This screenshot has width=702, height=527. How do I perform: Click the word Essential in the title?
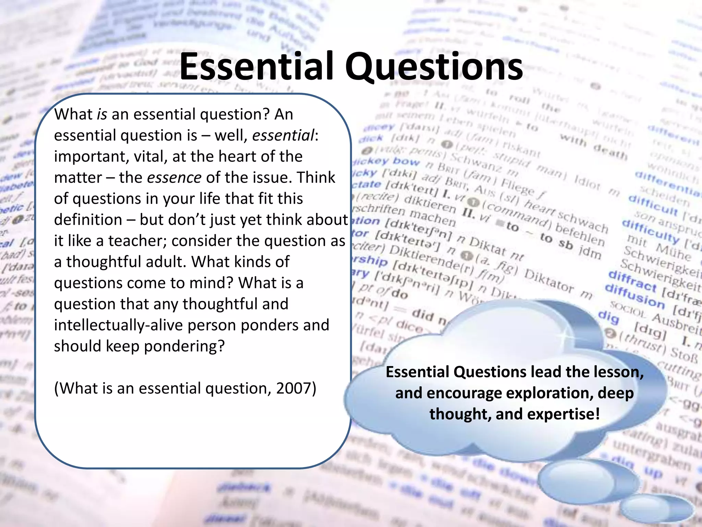click(x=256, y=66)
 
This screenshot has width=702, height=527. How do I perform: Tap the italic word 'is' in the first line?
click(x=102, y=114)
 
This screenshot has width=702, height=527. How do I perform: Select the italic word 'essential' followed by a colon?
click(x=283, y=135)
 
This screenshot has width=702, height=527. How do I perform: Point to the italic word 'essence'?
click(x=174, y=177)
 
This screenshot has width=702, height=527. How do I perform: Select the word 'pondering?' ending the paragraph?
click(x=184, y=346)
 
